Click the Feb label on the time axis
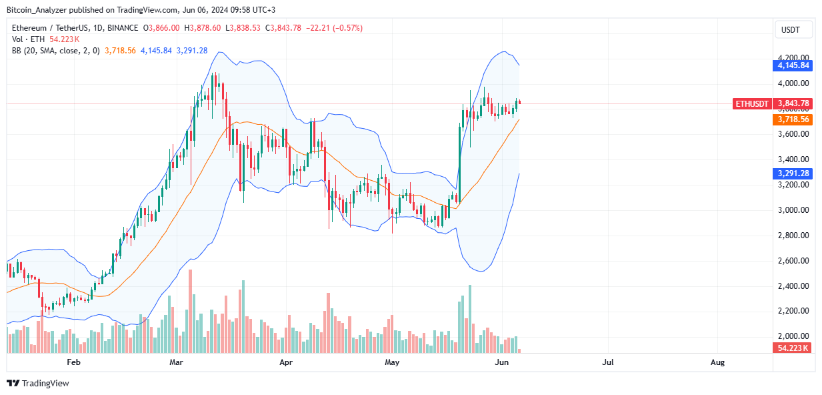(73, 362)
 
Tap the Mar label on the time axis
(176, 362)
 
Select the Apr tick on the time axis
(286, 362)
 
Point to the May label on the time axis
(392, 362)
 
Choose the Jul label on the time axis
(607, 362)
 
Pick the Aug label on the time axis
(717, 362)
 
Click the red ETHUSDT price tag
(751, 103)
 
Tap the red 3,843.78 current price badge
(792, 103)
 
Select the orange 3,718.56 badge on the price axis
(792, 119)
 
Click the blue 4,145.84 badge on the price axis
(792, 65)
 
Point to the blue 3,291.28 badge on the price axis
(792, 173)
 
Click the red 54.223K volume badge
(792, 348)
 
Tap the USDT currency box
(791, 30)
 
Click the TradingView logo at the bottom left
(38, 384)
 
